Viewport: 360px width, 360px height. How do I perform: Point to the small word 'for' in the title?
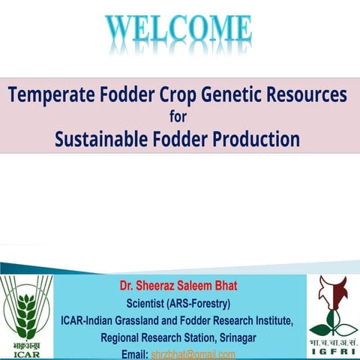coord(180,117)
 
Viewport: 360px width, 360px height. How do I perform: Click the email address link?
coord(193,354)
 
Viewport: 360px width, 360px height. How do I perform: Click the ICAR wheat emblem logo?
coord(28,307)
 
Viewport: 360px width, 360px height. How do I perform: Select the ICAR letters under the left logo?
coord(28,352)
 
